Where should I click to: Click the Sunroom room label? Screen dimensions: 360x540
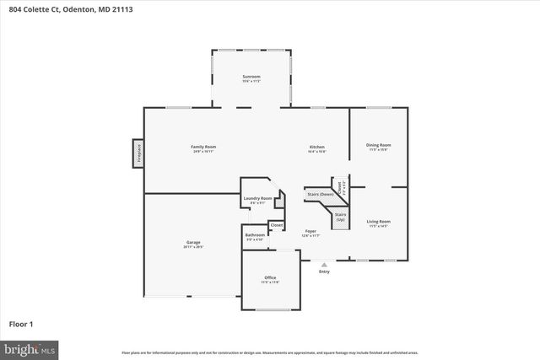pyautogui.click(x=251, y=78)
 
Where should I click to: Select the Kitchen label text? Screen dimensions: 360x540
pyautogui.click(x=316, y=148)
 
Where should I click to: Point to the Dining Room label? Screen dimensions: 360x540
pyautogui.click(x=378, y=145)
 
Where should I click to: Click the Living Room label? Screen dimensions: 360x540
pyautogui.click(x=378, y=222)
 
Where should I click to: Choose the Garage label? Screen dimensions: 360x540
pyautogui.click(x=193, y=242)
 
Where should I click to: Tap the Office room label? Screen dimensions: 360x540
pyautogui.click(x=270, y=277)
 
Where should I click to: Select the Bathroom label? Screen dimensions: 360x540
pyautogui.click(x=255, y=236)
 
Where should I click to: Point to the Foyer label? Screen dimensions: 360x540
pyautogui.click(x=310, y=231)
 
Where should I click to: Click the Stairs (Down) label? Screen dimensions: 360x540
pyautogui.click(x=320, y=194)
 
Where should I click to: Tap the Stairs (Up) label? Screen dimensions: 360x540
pyautogui.click(x=340, y=218)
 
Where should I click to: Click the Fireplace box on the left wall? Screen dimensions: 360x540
pyautogui.click(x=137, y=153)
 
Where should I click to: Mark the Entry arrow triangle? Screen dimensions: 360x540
pyautogui.click(x=324, y=265)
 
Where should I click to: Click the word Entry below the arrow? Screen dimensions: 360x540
pyautogui.click(x=324, y=271)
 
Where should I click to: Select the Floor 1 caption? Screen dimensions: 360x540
pyautogui.click(x=21, y=324)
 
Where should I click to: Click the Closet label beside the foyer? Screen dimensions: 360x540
pyautogui.click(x=276, y=226)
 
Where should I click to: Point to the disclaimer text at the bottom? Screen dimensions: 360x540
pyautogui.click(x=269, y=352)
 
